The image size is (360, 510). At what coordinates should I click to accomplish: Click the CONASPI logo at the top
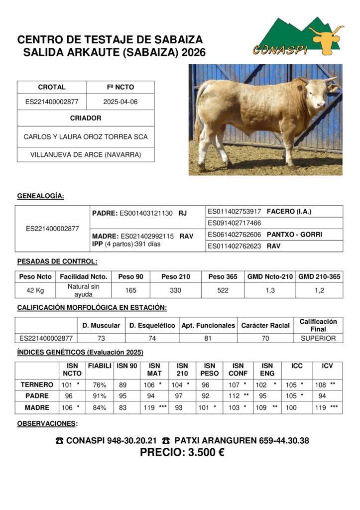(x=297, y=37)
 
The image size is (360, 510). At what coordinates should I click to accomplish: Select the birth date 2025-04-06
(x=120, y=102)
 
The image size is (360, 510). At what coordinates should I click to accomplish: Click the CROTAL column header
(x=52, y=87)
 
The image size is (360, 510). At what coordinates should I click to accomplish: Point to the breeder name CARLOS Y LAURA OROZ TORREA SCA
(x=86, y=136)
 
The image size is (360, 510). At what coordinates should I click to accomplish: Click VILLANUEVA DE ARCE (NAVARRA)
(x=86, y=155)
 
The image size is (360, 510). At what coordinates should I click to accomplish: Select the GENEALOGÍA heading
(x=40, y=196)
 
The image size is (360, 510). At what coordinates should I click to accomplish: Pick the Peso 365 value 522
(x=223, y=290)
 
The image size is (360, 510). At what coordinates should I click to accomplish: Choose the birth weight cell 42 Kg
(x=35, y=290)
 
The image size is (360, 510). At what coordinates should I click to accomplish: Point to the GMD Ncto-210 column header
(x=270, y=276)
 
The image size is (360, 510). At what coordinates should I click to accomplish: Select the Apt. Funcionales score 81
(x=208, y=338)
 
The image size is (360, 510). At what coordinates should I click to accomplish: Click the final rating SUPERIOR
(x=318, y=338)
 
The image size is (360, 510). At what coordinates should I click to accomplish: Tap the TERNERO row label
(x=37, y=384)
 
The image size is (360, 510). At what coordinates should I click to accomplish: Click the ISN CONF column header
(x=238, y=370)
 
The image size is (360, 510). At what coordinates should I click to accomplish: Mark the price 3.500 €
(x=182, y=452)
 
